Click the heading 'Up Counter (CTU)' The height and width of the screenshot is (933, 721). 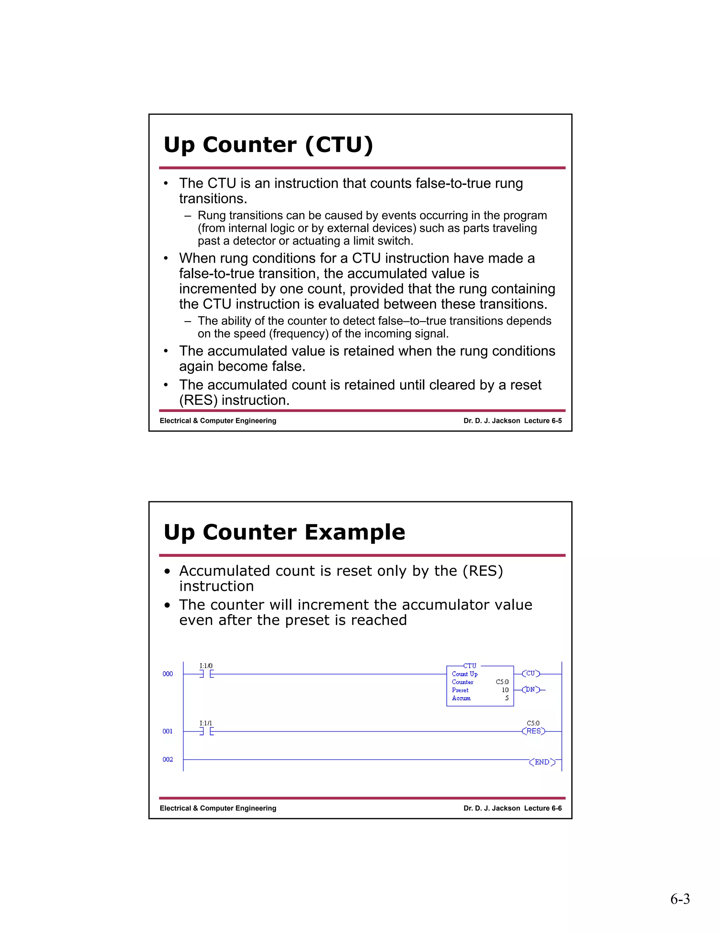[x=268, y=145]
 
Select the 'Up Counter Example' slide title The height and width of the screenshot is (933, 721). [x=284, y=532]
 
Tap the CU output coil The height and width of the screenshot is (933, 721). [x=531, y=674]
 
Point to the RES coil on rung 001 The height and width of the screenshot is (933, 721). [x=533, y=731]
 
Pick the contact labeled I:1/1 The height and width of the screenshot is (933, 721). [x=206, y=731]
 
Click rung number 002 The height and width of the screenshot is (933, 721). [x=168, y=759]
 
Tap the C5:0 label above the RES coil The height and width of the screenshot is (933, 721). [x=533, y=723]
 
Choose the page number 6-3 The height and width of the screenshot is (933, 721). [x=679, y=899]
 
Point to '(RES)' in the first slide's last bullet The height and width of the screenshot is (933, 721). [x=198, y=400]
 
